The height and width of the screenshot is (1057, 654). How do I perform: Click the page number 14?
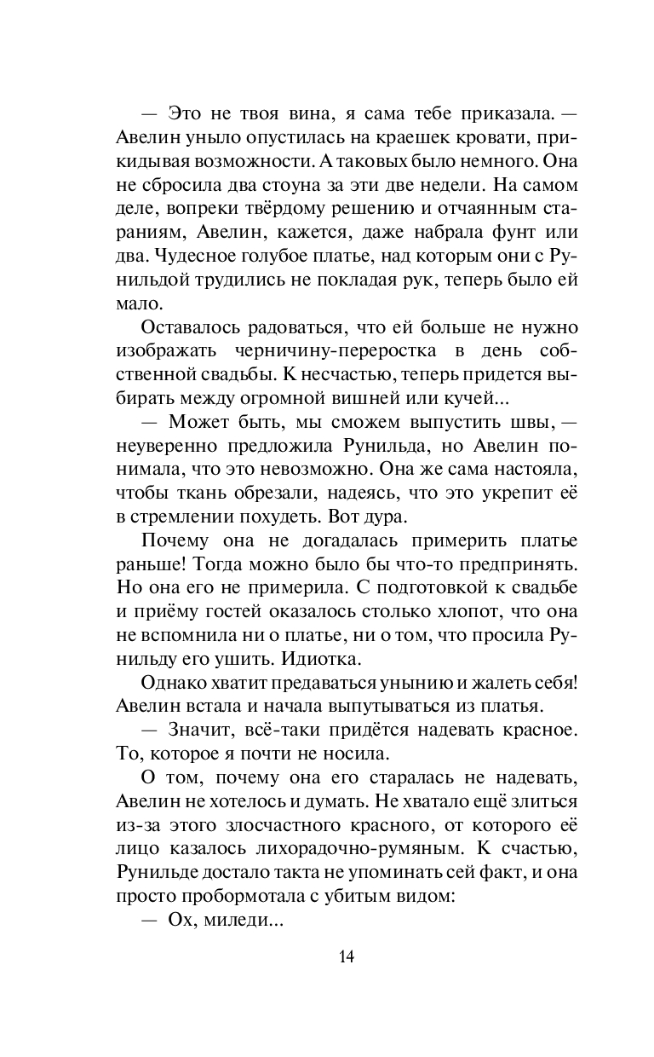pyautogui.click(x=346, y=956)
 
